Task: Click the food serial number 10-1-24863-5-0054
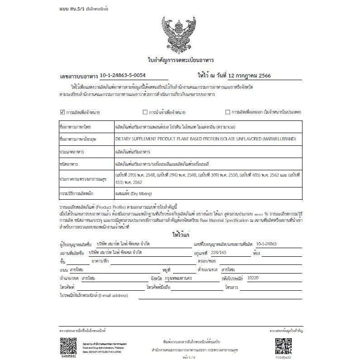123,75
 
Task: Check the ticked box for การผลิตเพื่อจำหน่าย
62,112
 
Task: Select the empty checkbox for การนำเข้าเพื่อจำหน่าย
145,112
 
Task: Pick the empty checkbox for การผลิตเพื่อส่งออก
228,112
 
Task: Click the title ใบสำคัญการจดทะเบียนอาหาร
180,60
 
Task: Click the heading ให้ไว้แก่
180,235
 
